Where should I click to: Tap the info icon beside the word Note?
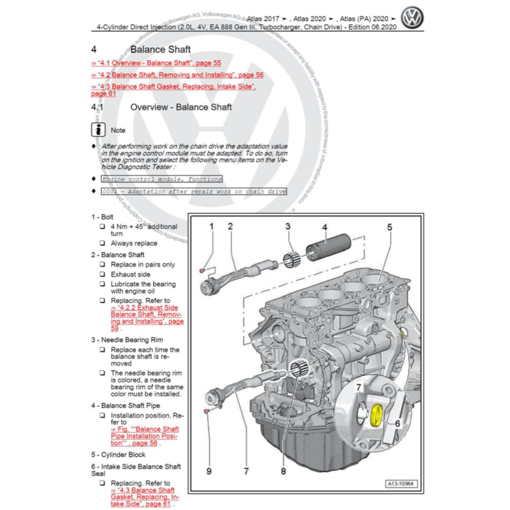[x=98, y=130]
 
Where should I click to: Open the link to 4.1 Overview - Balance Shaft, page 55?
[x=156, y=63]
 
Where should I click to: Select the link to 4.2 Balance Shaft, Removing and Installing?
[x=177, y=75]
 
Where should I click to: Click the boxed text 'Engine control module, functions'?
[x=162, y=179]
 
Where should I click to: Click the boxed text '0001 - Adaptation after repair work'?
[x=194, y=191]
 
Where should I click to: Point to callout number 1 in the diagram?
[x=211, y=226]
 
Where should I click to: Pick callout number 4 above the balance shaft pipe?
[x=325, y=227]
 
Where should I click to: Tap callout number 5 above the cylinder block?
[x=389, y=227]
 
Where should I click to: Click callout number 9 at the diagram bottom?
[x=209, y=471]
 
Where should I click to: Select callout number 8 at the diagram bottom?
[x=283, y=471]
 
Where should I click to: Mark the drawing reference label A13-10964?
[x=402, y=484]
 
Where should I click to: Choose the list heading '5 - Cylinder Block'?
[x=119, y=455]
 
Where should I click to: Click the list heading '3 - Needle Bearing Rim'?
[x=127, y=340]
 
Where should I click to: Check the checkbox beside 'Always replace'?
[x=102, y=243]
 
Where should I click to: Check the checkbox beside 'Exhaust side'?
[x=102, y=274]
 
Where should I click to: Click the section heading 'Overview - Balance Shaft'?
[x=181, y=107]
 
